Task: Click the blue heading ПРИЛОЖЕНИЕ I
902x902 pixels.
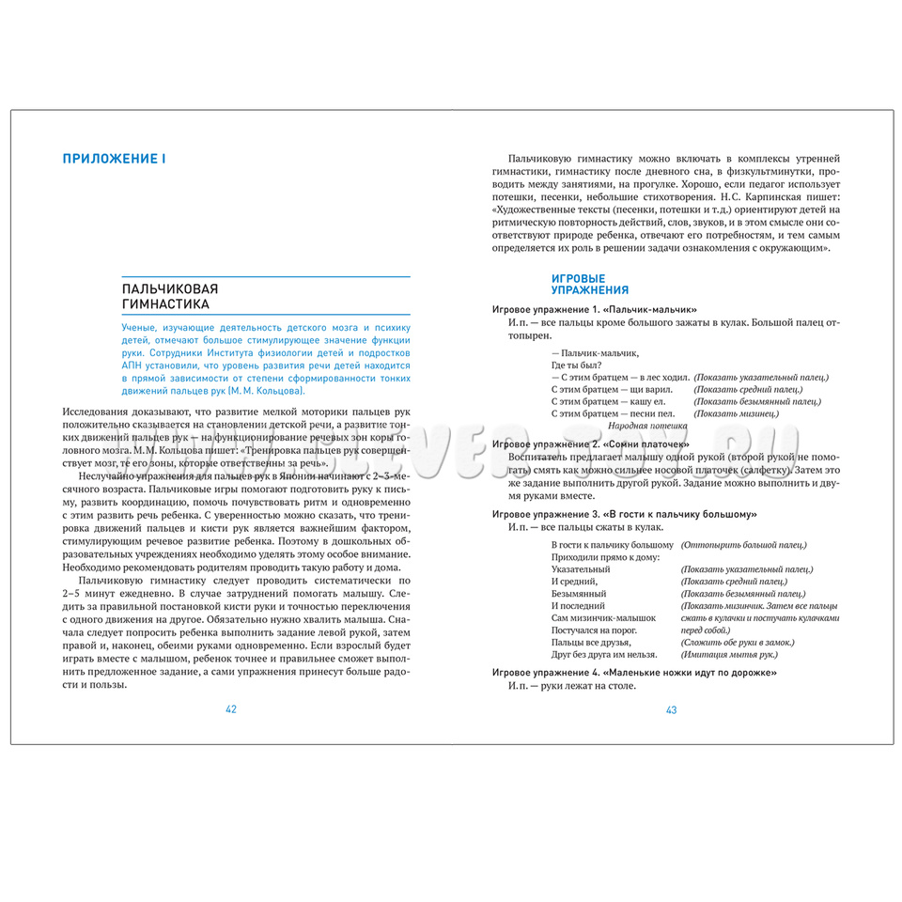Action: point(114,159)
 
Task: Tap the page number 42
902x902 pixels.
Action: point(230,709)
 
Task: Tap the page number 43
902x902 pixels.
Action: point(671,709)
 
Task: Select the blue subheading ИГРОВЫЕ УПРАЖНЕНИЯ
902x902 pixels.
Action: point(590,285)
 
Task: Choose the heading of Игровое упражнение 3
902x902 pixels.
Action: point(625,515)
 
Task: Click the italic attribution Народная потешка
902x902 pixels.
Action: point(656,426)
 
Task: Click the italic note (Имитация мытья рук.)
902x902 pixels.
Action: point(728,654)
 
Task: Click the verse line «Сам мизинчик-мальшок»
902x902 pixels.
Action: point(603,617)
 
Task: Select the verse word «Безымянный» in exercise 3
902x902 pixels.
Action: point(580,594)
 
